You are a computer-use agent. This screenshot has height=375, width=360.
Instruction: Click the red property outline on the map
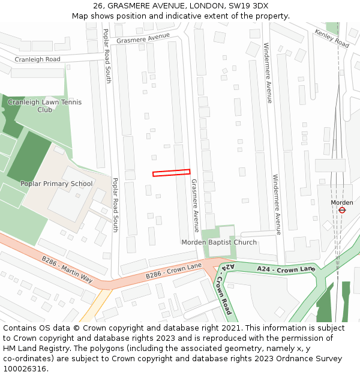(x=171, y=173)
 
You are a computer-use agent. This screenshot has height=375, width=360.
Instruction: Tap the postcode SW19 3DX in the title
(x=247, y=6)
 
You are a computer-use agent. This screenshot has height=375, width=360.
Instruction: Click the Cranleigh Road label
(x=37, y=59)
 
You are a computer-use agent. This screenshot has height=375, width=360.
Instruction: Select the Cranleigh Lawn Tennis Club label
(x=45, y=106)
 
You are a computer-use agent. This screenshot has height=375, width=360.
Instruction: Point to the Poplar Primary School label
(x=56, y=184)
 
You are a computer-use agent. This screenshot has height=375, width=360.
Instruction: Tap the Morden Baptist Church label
(x=219, y=242)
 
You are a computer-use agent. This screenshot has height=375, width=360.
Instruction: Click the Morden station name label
(x=342, y=203)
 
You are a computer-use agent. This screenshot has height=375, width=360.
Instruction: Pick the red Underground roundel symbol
(x=342, y=210)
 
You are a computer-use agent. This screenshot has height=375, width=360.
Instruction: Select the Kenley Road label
(x=331, y=39)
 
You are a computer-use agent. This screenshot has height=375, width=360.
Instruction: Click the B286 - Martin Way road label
(x=67, y=269)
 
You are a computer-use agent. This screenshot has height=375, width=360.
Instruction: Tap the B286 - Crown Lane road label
(x=173, y=271)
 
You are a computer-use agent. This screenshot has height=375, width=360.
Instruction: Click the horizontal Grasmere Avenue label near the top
(x=143, y=38)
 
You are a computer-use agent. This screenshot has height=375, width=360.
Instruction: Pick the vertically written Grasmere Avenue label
(x=194, y=205)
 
